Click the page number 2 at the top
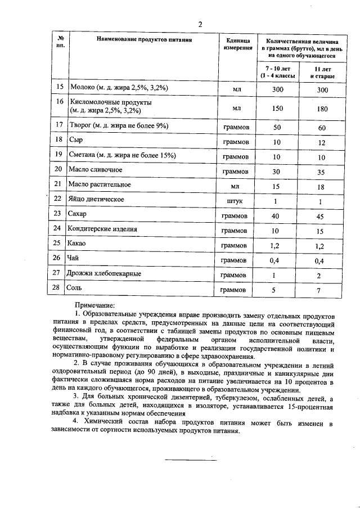click(199, 24)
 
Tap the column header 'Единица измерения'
click(237, 44)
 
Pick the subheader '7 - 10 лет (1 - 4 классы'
click(277, 71)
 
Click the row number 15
click(60, 88)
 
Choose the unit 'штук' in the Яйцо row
click(237, 201)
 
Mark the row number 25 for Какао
click(60, 244)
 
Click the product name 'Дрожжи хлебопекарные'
click(104, 273)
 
